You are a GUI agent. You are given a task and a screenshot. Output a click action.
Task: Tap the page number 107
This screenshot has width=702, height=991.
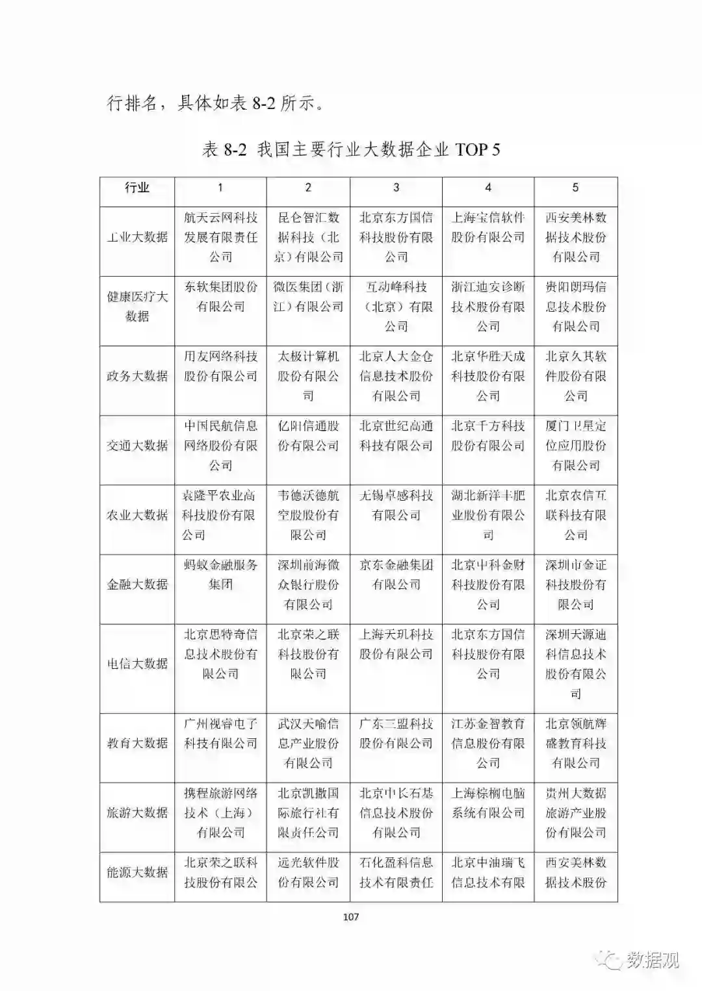(x=350, y=917)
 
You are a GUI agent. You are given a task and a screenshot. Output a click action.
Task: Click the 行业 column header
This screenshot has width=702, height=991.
(x=137, y=188)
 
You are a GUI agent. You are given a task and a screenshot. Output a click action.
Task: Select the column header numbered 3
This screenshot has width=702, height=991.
(x=396, y=188)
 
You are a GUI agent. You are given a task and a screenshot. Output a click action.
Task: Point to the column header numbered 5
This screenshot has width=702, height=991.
(x=575, y=188)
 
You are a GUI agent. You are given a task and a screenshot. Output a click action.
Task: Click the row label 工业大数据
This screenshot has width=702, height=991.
(x=137, y=237)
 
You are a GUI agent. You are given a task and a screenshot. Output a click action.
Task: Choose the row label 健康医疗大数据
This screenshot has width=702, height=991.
(x=137, y=307)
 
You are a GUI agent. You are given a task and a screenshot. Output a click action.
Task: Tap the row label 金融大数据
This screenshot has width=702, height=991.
(x=137, y=584)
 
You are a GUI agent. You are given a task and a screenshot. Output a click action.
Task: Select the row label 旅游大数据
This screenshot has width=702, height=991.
(x=137, y=812)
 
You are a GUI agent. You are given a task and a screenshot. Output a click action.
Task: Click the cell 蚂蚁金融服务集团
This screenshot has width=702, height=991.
(x=220, y=575)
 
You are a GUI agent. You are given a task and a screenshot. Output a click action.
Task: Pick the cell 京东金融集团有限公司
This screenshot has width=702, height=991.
(x=396, y=575)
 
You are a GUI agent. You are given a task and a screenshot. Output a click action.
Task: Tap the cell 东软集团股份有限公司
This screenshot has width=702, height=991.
(x=220, y=297)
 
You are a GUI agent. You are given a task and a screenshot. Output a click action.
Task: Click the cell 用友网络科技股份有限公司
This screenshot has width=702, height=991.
(x=220, y=366)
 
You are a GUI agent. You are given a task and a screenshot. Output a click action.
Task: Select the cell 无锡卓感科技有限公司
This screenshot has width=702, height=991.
(x=396, y=505)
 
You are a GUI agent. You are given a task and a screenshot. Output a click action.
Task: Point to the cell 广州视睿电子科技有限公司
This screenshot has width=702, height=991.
(x=220, y=733)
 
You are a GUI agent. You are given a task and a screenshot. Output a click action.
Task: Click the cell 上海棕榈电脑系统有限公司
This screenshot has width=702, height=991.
(x=488, y=803)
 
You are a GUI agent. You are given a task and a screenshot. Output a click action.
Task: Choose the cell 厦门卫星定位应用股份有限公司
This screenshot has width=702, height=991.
(x=575, y=445)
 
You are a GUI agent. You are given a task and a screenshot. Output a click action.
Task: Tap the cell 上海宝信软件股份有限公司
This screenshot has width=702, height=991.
(x=488, y=227)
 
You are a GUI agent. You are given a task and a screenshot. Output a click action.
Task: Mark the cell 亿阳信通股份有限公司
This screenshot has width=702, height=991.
(x=308, y=436)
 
